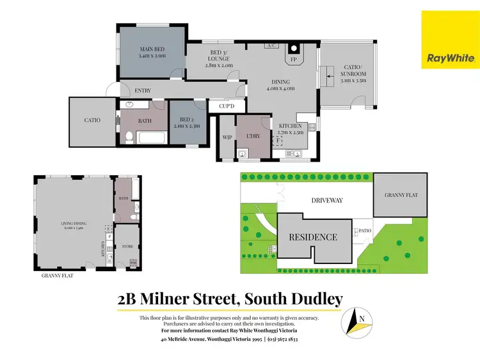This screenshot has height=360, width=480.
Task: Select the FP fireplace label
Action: (x=294, y=59)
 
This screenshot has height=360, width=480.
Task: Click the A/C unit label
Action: (x=271, y=45)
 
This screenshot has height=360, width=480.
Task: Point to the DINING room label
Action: (x=280, y=82)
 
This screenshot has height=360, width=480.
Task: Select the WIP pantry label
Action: (x=227, y=137)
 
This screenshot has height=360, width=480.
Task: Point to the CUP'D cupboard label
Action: (x=227, y=106)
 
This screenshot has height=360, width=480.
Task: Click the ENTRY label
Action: (x=143, y=91)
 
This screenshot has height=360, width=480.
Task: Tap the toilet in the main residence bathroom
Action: (x=129, y=136)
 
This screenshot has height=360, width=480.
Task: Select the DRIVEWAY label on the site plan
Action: (x=327, y=200)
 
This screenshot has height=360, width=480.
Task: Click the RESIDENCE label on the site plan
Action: (x=313, y=237)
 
